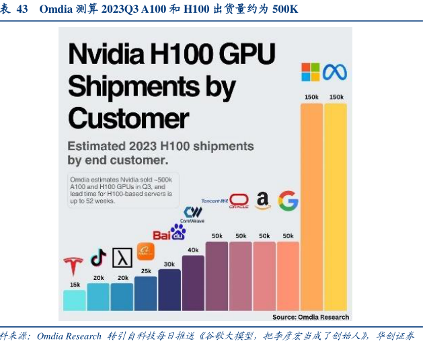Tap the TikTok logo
pyautogui.click(x=99, y=257)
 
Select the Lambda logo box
pyautogui.click(x=122, y=258)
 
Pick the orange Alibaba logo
pyautogui.click(x=146, y=252)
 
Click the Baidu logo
pyautogui.click(x=169, y=233)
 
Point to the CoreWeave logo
pyautogui.click(x=193, y=215)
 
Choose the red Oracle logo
pyautogui.click(x=239, y=201)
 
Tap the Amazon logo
pyautogui.click(x=262, y=201)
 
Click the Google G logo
pyautogui.click(x=288, y=201)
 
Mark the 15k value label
pyautogui.click(x=74, y=285)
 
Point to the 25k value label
pyautogui.click(x=146, y=271)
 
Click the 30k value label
pyautogui.click(x=169, y=264)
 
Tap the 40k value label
pyautogui.click(x=193, y=250)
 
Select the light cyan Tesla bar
pyautogui.click(x=74, y=300)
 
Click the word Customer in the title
pyautogui.click(x=128, y=118)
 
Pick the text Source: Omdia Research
pyautogui.click(x=310, y=316)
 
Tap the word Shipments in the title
pyautogui.click(x=152, y=86)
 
